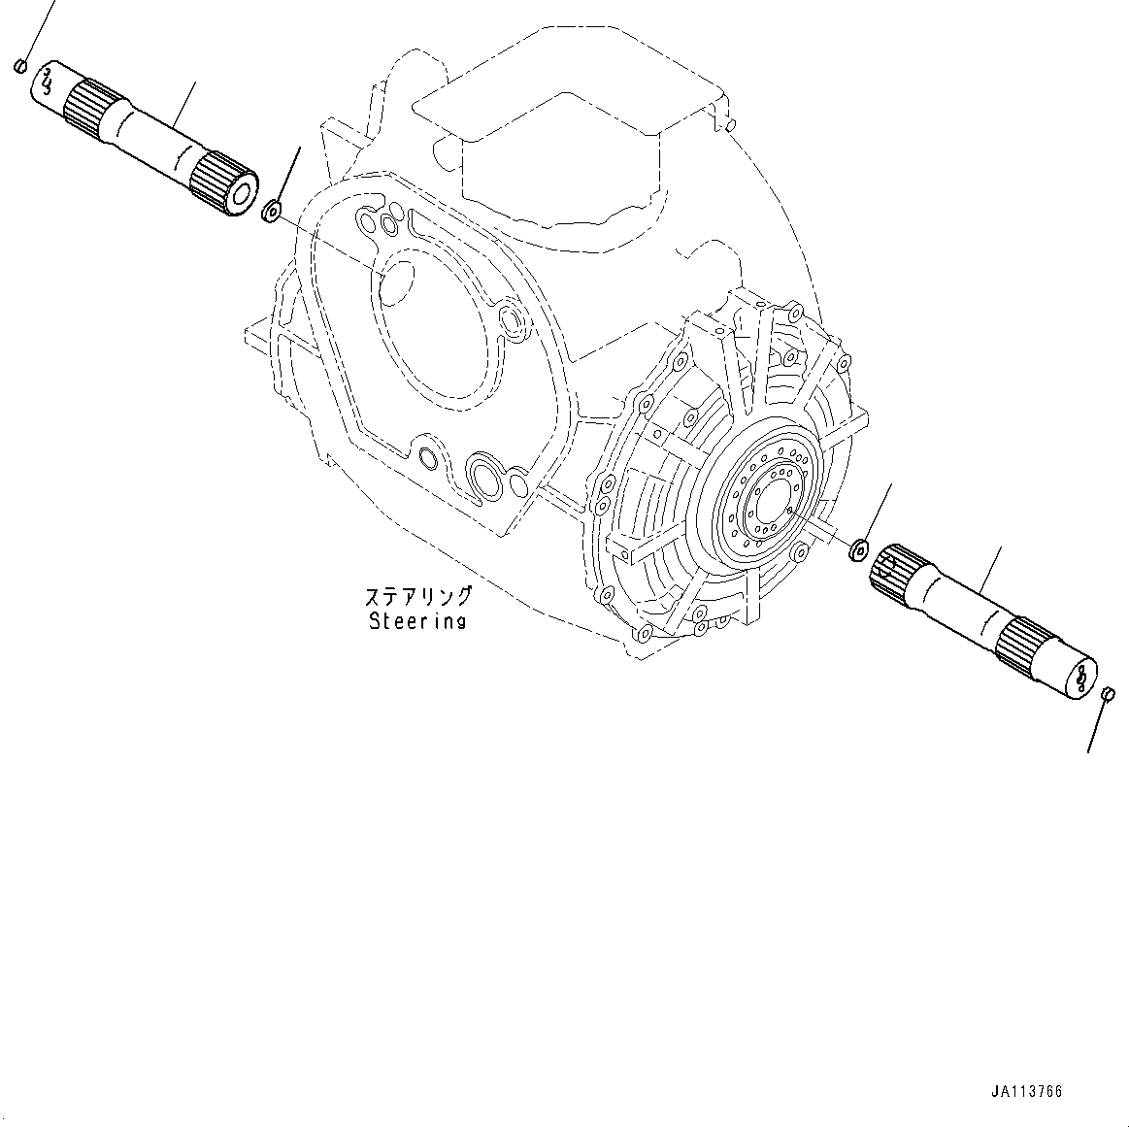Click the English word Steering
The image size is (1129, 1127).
(x=417, y=621)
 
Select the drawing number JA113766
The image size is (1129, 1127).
(x=1026, y=1092)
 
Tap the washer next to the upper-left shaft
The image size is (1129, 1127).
(x=272, y=209)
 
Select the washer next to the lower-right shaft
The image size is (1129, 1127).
(x=857, y=550)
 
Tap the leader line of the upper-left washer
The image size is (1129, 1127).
(x=287, y=175)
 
